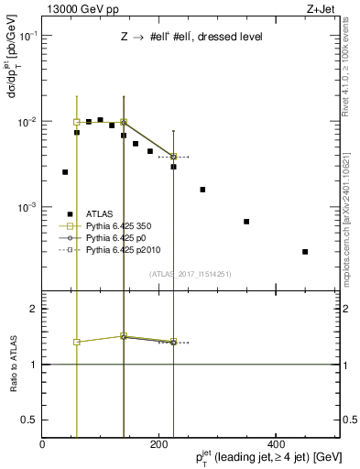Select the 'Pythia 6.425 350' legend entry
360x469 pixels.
point(115,225)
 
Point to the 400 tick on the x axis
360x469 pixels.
point(276,443)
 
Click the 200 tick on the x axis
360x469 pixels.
point(159,443)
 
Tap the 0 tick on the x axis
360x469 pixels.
point(43,443)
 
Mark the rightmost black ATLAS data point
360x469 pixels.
point(305,251)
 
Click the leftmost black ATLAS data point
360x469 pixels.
point(65,171)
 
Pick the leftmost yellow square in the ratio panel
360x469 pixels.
point(77,342)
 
